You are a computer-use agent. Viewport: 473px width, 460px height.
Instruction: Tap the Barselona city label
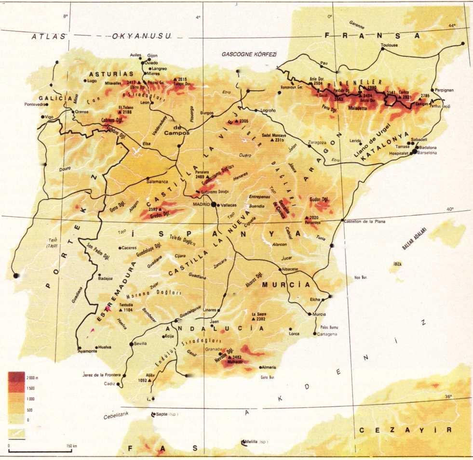[x=427, y=153]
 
